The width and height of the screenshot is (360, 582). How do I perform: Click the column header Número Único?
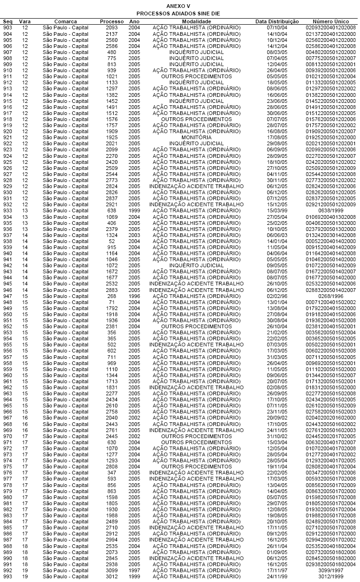coord(331,22)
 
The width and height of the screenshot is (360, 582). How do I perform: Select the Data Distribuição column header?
coord(277,22)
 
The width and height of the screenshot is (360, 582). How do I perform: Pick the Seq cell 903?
coord(7,28)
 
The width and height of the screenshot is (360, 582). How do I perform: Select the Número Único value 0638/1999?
coord(331,210)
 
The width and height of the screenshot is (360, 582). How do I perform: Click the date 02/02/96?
coord(277,296)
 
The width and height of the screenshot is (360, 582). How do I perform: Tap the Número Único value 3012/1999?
coord(331,576)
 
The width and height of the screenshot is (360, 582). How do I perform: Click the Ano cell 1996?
coord(134,296)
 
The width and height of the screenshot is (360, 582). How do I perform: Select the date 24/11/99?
coord(277,576)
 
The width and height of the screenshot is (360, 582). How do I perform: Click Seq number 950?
coord(7,314)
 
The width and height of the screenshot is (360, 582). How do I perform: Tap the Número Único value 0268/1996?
coord(331,296)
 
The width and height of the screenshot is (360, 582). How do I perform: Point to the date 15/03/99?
coord(277,210)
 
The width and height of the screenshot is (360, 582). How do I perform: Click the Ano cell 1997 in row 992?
coord(134,570)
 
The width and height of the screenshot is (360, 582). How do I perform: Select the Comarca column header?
coord(65,22)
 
